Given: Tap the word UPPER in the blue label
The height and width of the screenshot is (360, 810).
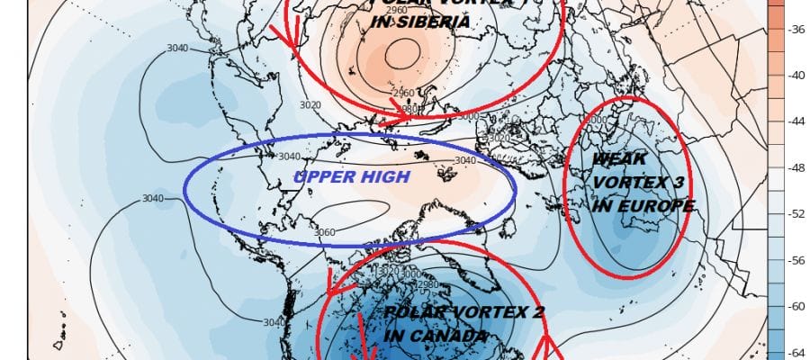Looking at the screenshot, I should click(321, 177).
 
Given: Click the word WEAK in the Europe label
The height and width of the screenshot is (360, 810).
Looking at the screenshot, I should click(617, 160).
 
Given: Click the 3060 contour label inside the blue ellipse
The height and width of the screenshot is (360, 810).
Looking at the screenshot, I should click(325, 232).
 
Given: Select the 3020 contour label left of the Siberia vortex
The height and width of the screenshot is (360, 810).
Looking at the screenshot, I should click(310, 105).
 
